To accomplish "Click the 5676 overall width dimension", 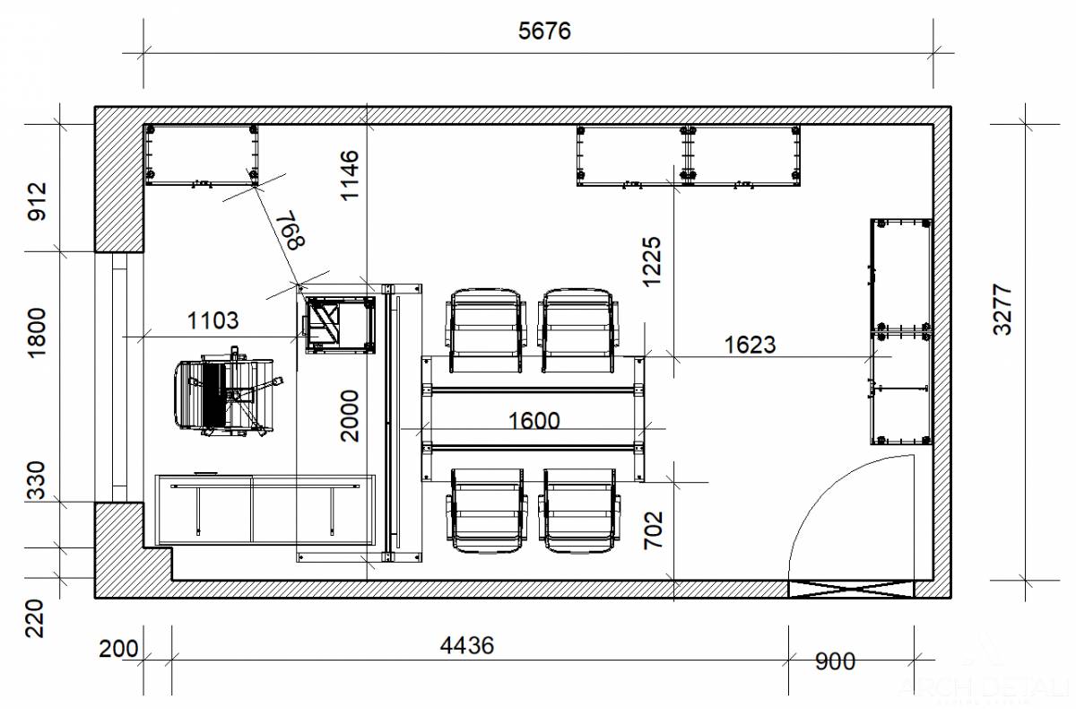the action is (x=544, y=31).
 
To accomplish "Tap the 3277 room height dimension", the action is (x=1002, y=310).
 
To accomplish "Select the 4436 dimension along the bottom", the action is (x=467, y=645).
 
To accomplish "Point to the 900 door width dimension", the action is (x=836, y=661).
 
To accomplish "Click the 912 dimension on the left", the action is (x=37, y=201).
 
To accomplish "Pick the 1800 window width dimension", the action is (x=37, y=333).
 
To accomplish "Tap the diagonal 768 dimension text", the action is (x=290, y=230).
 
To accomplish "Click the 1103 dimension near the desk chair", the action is (x=213, y=320).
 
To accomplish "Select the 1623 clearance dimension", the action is (x=750, y=345).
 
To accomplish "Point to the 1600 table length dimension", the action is (x=534, y=421).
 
